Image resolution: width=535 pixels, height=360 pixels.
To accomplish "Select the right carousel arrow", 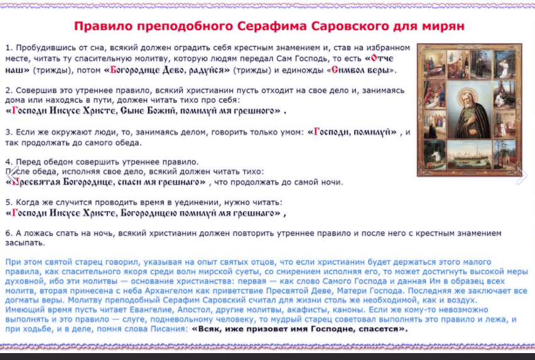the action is (522, 175).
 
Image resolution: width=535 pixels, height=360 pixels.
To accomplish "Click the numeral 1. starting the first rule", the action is (9, 47).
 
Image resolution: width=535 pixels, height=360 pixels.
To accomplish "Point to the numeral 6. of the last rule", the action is (9, 233).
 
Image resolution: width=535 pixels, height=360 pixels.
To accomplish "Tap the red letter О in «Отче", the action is (375, 58).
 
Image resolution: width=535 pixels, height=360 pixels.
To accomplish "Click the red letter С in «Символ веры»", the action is (335, 70).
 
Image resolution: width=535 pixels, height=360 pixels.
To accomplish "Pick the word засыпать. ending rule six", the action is (25, 243).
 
